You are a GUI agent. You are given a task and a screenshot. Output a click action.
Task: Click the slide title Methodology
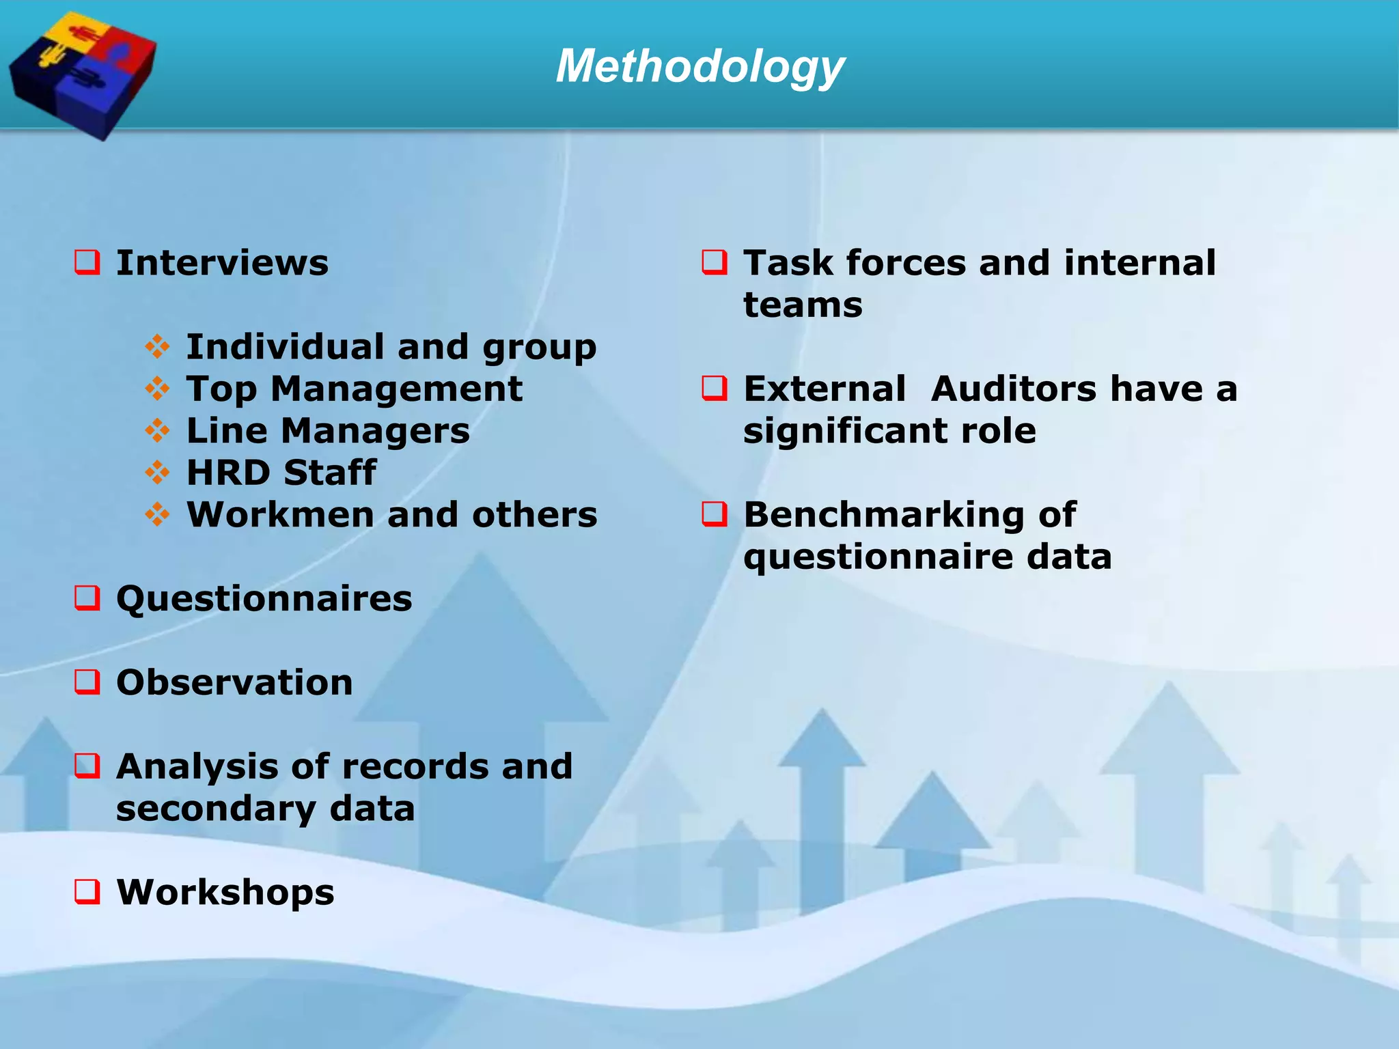[700, 67]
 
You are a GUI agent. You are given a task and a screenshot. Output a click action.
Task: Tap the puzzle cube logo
[82, 74]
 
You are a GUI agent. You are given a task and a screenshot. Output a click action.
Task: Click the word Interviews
[222, 263]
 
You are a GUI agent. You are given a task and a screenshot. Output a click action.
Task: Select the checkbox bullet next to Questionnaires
[87, 598]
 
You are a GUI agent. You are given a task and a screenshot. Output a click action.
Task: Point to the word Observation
[234, 682]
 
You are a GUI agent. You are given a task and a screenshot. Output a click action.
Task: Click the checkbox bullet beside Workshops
[87, 891]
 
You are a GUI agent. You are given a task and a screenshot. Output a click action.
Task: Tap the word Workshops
[225, 892]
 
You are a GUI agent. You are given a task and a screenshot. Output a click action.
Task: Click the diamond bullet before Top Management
[158, 389]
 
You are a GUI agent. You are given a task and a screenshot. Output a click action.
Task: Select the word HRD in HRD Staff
[228, 473]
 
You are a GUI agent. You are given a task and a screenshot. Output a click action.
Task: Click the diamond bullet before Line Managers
[158, 430]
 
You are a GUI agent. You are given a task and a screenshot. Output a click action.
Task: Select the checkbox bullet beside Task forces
[715, 262]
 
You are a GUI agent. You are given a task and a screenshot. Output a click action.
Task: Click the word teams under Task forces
[803, 305]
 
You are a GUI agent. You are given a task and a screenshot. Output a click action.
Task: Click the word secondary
[215, 809]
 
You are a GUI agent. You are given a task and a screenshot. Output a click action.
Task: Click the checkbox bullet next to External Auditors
[715, 389]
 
